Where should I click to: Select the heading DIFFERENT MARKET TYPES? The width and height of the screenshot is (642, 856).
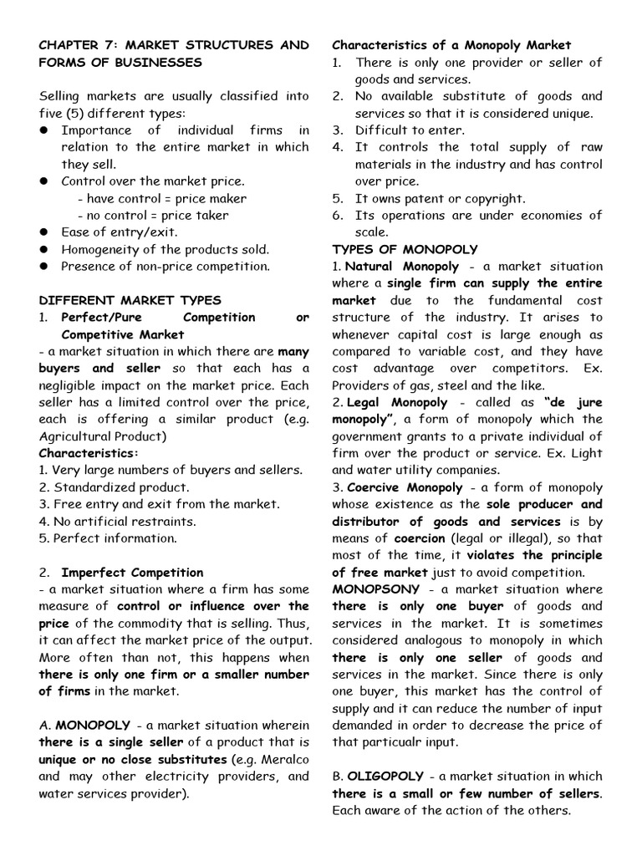pyautogui.click(x=130, y=300)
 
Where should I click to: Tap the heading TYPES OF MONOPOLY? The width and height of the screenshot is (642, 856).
pyautogui.click(x=405, y=249)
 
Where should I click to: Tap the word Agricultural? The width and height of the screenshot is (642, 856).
pyautogui.click(x=79, y=436)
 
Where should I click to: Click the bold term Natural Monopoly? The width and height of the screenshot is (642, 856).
pyautogui.click(x=402, y=267)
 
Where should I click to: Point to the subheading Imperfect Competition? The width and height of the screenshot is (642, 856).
pyautogui.click(x=132, y=573)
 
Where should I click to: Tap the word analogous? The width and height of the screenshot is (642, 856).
pyautogui.click(x=430, y=640)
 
